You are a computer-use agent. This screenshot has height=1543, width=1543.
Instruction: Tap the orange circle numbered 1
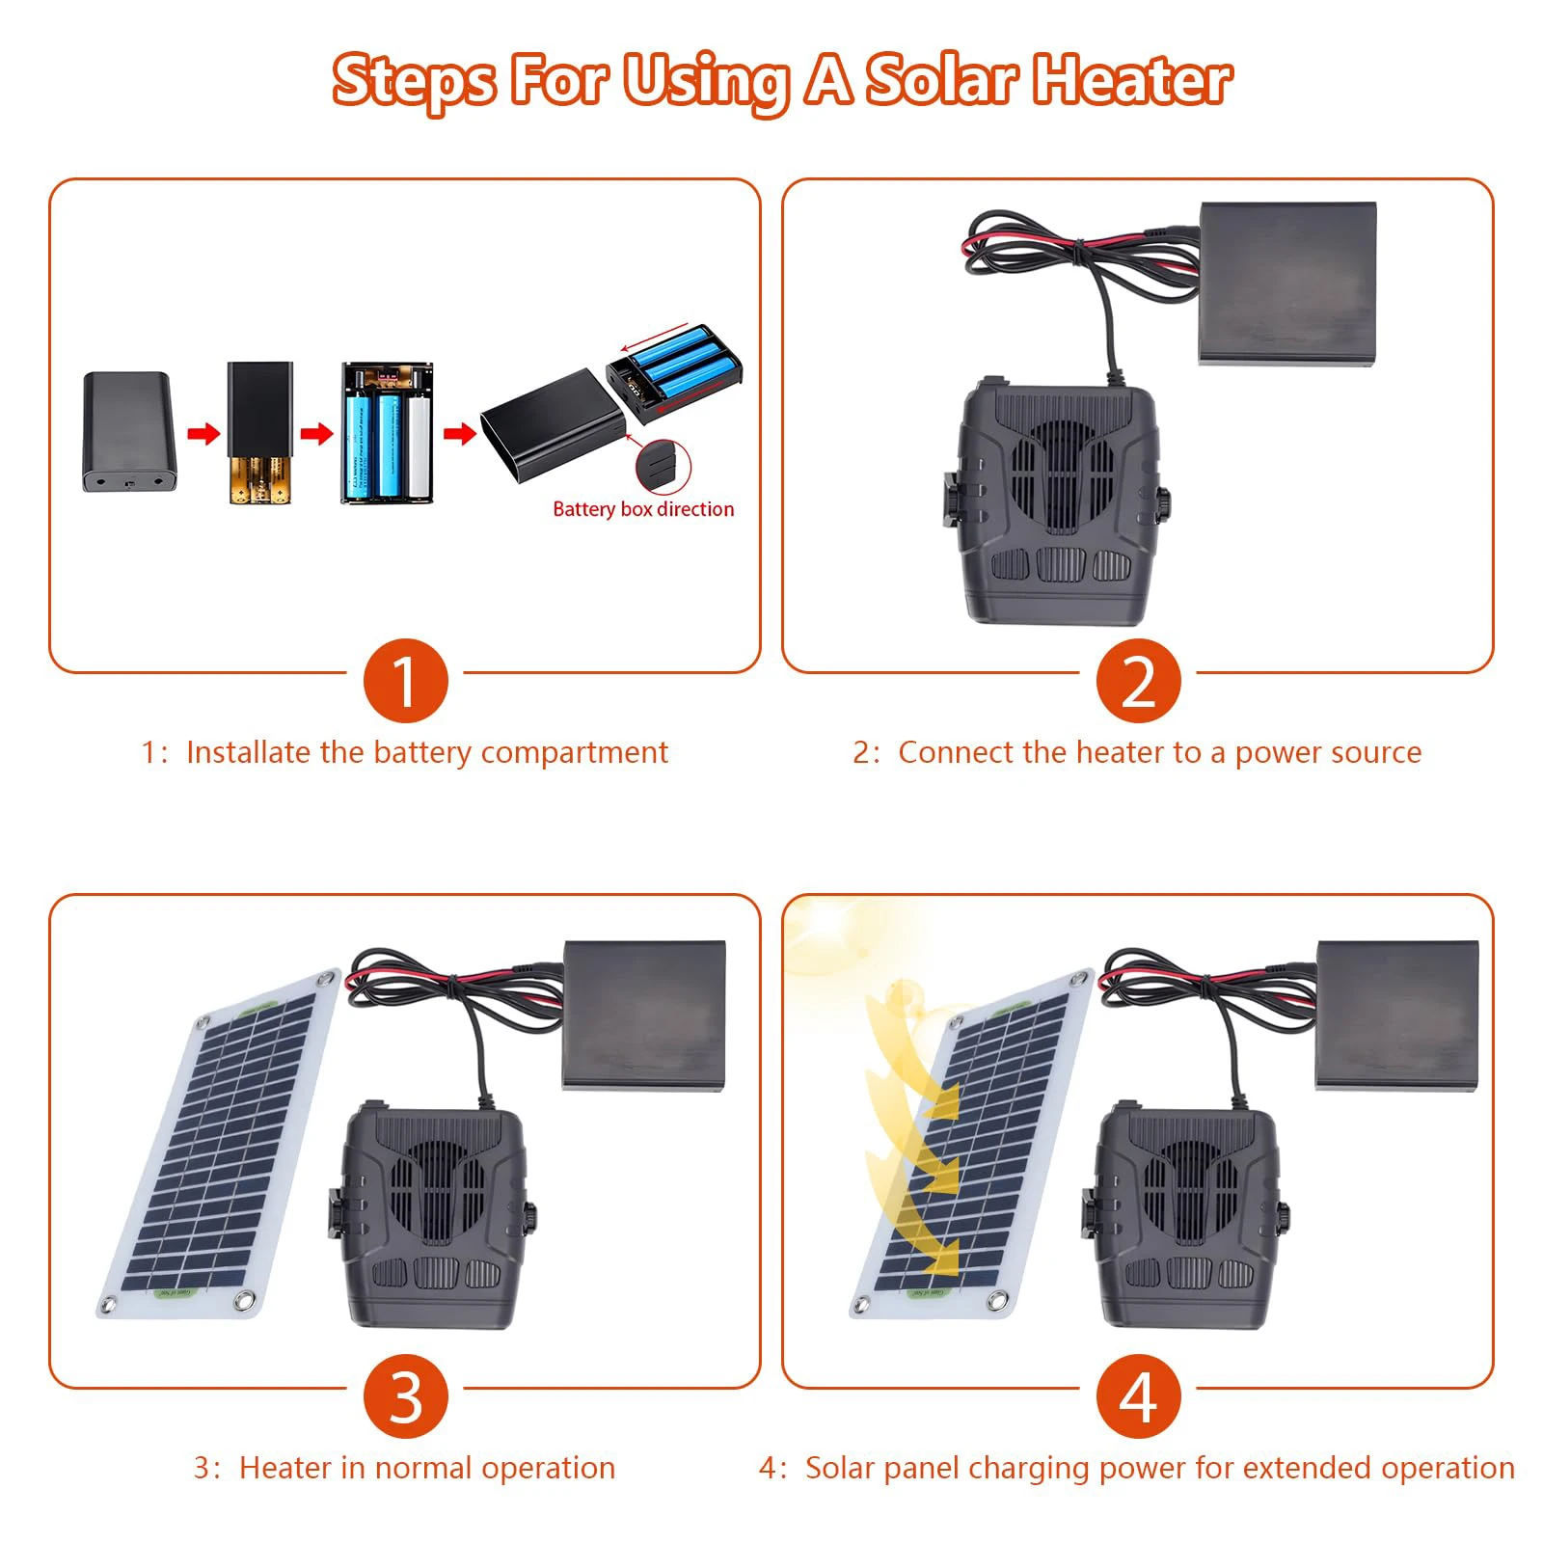point(405,681)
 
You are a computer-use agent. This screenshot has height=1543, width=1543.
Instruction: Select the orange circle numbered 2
point(1138,681)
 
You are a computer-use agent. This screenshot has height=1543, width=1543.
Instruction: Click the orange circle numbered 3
point(405,1396)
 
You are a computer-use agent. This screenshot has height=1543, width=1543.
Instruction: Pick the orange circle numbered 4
point(1138,1396)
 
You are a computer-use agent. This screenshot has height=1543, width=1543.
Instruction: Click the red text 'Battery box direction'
point(643,509)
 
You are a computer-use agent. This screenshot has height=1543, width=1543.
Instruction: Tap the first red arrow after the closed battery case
point(203,433)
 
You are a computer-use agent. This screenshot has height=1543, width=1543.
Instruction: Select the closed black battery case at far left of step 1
point(129,431)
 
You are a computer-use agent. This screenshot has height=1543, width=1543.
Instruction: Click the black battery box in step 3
point(643,1015)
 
